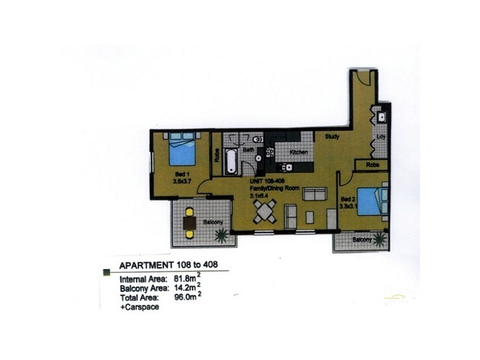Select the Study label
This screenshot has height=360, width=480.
332,137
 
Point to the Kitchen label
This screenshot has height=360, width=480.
299,152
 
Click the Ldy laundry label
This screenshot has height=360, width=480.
380,137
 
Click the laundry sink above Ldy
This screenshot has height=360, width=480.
380,116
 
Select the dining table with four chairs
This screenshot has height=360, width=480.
265,211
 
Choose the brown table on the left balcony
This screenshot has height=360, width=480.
190,223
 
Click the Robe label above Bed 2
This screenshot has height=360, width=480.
372,164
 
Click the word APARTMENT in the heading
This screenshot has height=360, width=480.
147,265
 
